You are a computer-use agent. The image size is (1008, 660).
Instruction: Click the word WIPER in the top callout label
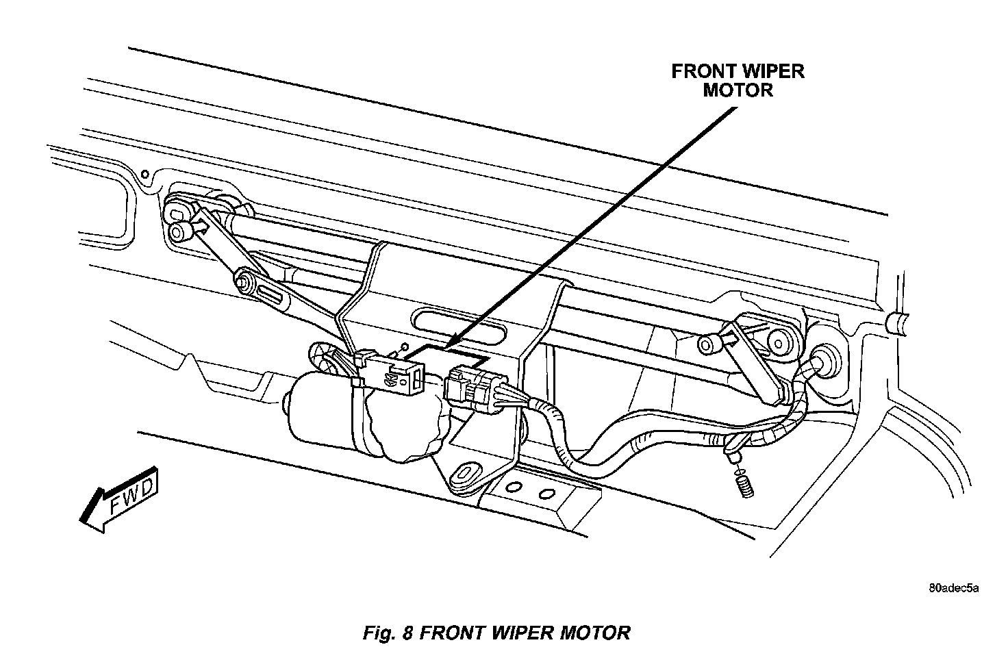pyautogui.click(x=772, y=71)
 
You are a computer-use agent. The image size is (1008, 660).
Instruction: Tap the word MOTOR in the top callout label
pyautogui.click(x=738, y=90)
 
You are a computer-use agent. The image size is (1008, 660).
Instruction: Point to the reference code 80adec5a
pyautogui.click(x=954, y=587)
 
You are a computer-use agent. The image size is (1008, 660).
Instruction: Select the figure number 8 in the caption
pyautogui.click(x=407, y=632)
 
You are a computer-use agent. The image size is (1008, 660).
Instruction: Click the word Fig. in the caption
pyautogui.click(x=378, y=632)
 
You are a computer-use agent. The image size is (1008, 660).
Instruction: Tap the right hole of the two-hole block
pyautogui.click(x=546, y=493)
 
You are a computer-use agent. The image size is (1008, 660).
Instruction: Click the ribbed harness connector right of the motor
pyautogui.click(x=473, y=390)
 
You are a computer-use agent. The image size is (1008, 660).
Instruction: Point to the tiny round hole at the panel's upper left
pyautogui.click(x=144, y=173)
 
